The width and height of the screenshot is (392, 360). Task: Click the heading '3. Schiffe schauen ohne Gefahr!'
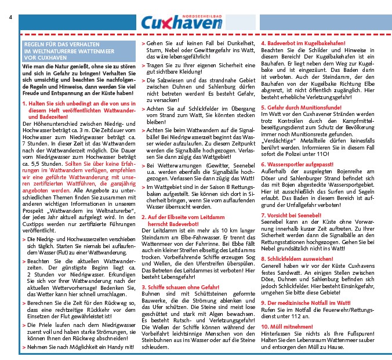[x=180, y=286]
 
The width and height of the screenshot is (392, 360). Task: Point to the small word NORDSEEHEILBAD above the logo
[x=203, y=16]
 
